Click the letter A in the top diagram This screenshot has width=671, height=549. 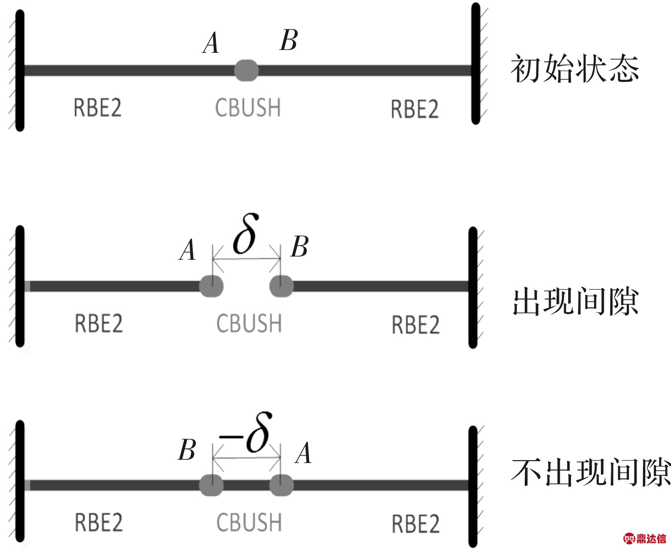coord(211,43)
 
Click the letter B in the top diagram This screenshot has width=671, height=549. coord(289,40)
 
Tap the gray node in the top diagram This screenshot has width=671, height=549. coord(246,71)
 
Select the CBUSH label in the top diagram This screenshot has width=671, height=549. coord(248,107)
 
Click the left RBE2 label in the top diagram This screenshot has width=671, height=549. coord(97,107)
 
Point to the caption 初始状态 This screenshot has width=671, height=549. coord(575,69)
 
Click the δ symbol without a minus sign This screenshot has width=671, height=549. coord(245,234)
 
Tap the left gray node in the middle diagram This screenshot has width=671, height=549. coord(211,286)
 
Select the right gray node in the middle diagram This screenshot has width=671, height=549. coord(281,286)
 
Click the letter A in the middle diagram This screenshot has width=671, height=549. coord(187,250)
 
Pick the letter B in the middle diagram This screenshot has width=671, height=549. coord(300,247)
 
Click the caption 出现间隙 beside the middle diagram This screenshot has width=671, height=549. coord(575,301)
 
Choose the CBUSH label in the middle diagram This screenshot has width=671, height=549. coord(249,323)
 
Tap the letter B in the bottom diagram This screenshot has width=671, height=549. coord(187,450)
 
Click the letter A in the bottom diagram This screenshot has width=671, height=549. coord(303,453)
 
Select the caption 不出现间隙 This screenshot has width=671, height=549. coord(591,472)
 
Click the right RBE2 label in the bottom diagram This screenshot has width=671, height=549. coord(416,524)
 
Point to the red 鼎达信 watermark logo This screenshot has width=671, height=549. coord(645,538)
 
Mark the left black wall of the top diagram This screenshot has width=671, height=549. coord(20,71)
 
